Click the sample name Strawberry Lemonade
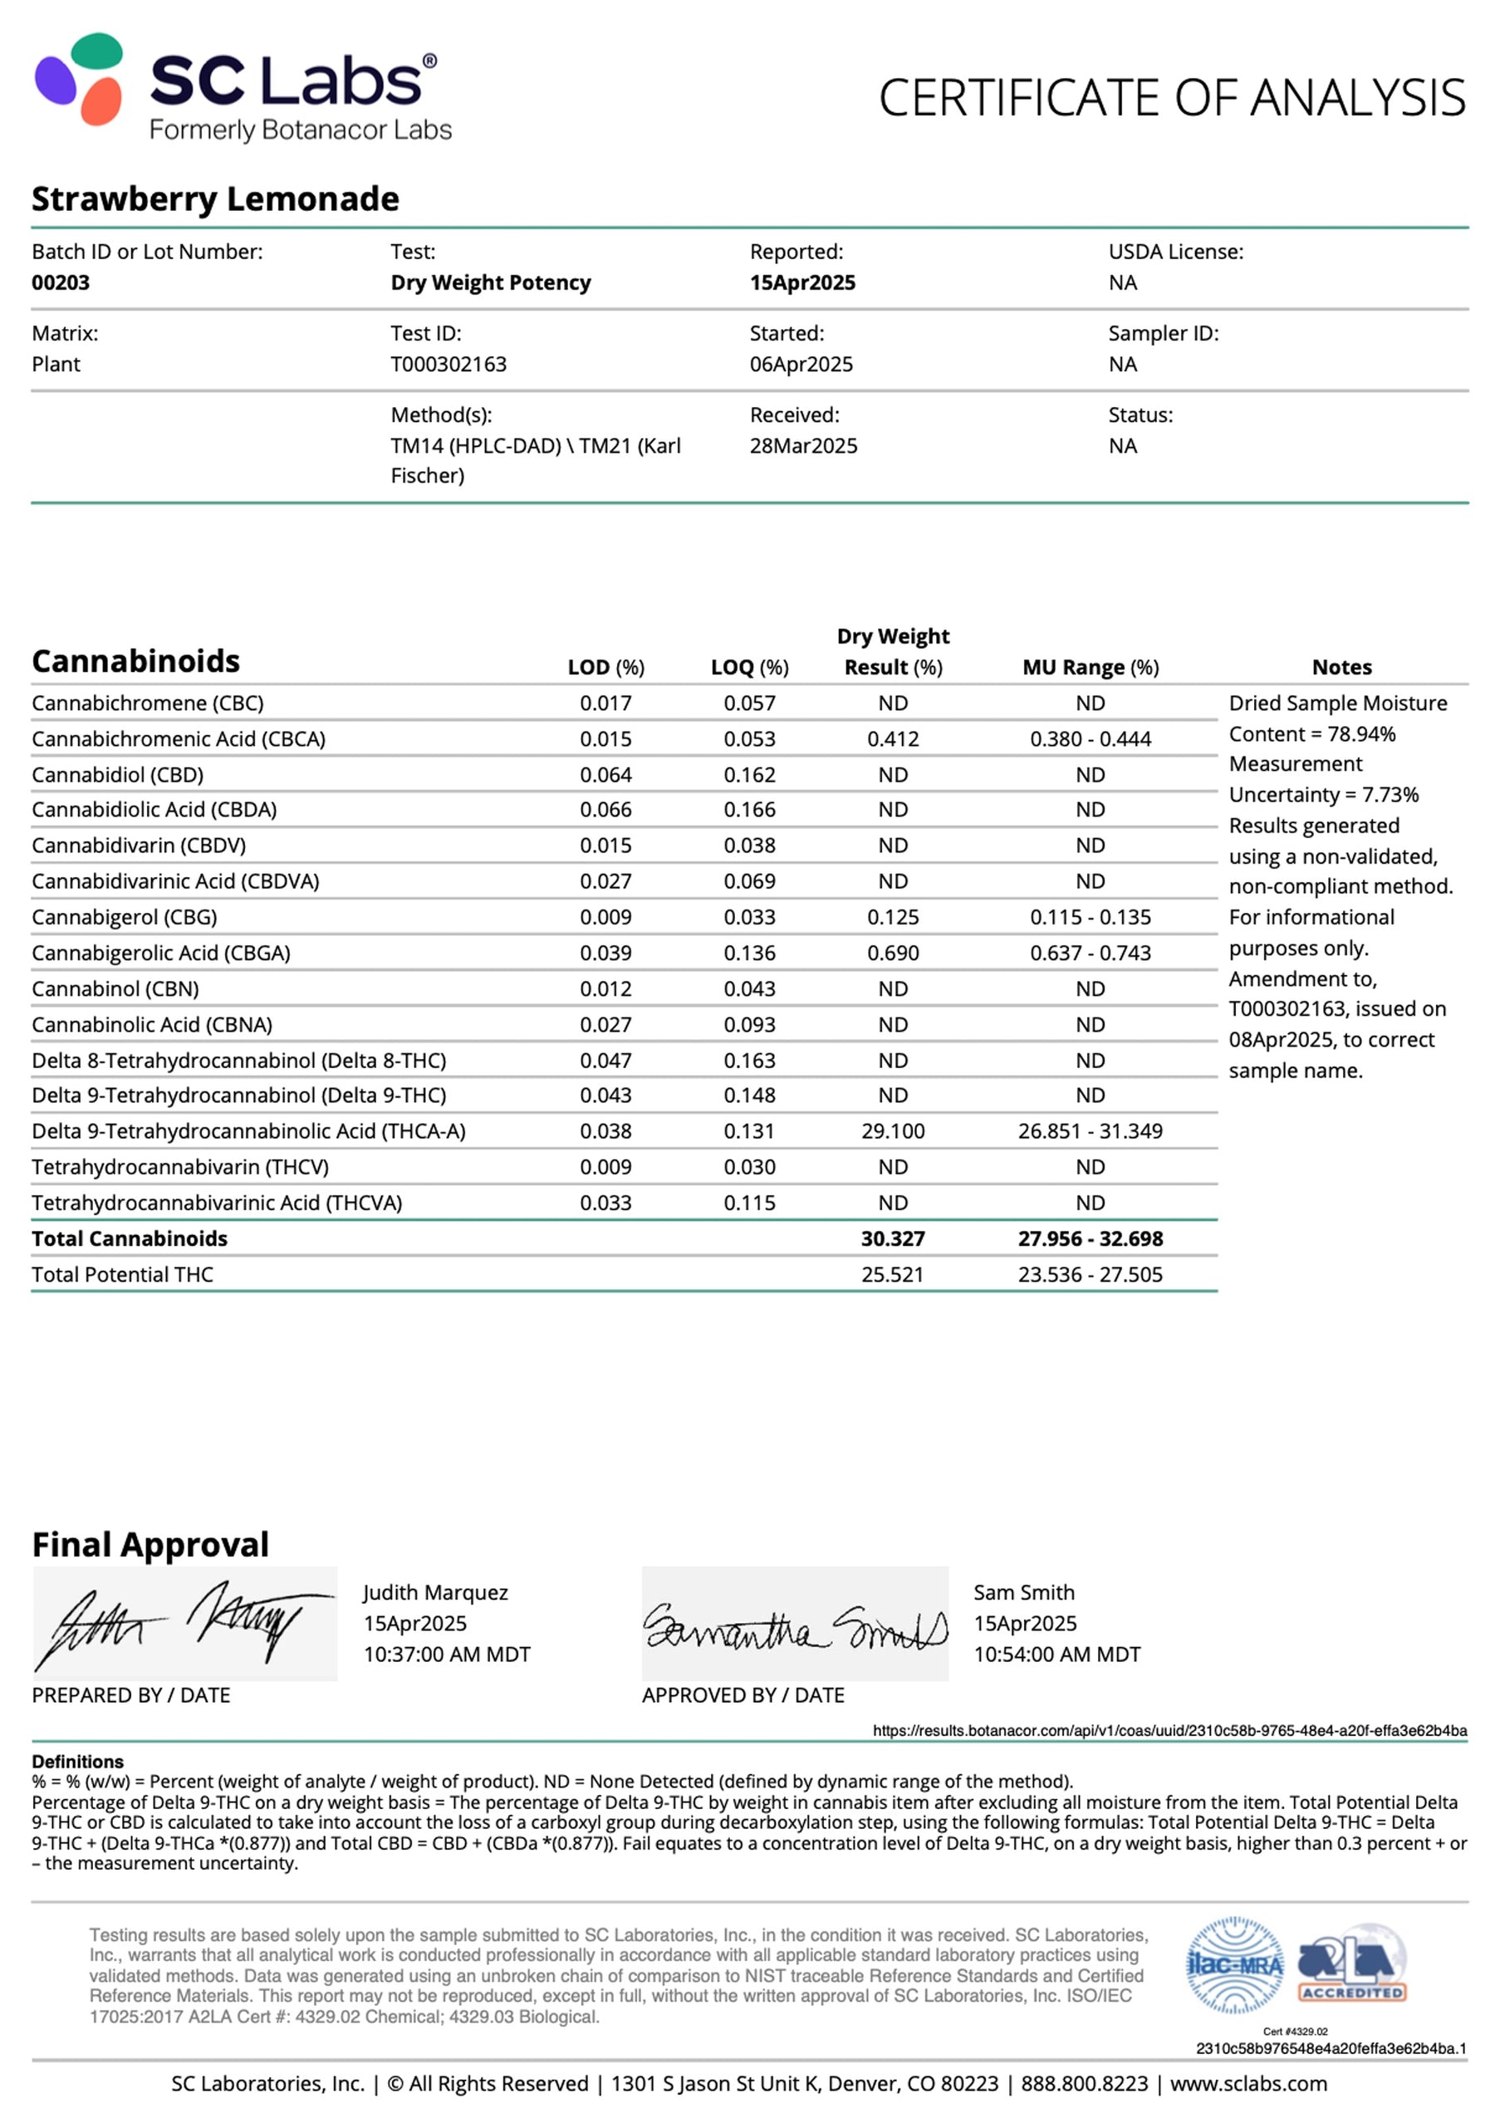coord(215,199)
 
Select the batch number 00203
coord(61,282)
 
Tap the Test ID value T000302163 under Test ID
coord(448,365)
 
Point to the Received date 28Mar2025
coord(802,446)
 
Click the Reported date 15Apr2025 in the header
coord(801,282)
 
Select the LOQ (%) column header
coord(749,667)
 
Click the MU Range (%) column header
coord(1090,667)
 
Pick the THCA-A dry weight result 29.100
coord(893,1130)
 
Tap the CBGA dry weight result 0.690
coord(893,953)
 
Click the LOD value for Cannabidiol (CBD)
coord(605,775)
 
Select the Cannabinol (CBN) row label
coord(115,989)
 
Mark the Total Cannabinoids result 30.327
coord(893,1238)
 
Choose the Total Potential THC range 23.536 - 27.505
coord(1090,1274)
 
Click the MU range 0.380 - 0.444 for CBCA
coord(1090,738)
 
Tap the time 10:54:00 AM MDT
coord(1056,1655)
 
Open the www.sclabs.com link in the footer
coord(1247,2083)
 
